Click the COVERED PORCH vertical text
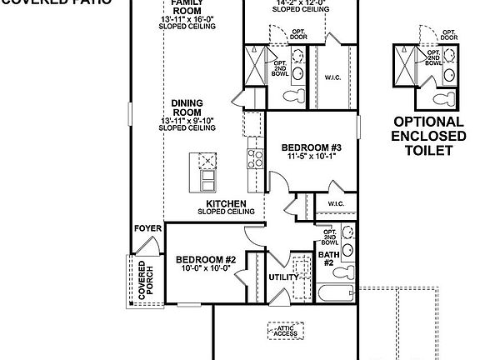(142, 280)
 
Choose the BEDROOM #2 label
(206, 260)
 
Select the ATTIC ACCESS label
(285, 330)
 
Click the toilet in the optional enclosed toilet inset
(445, 100)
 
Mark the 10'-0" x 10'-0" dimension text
(206, 269)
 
